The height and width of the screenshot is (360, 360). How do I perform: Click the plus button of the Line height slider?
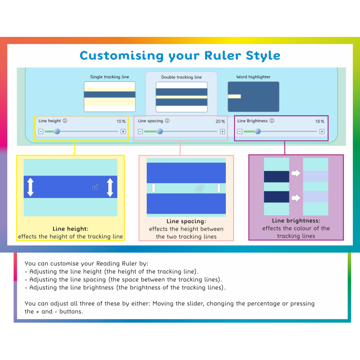pyautogui.click(x=123, y=131)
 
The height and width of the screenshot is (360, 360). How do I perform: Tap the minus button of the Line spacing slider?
pyautogui.click(x=140, y=131)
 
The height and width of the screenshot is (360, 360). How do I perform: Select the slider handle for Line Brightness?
pyautogui.click(x=258, y=131)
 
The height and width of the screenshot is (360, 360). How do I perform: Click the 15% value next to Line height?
pyautogui.click(x=121, y=121)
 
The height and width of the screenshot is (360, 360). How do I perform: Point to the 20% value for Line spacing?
pyautogui.click(x=220, y=121)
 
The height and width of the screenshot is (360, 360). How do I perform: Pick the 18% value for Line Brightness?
pyautogui.click(x=319, y=121)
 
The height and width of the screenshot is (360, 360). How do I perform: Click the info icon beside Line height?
pyautogui.click(x=65, y=121)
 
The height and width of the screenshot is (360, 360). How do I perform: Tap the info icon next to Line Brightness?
pyautogui.click(x=272, y=121)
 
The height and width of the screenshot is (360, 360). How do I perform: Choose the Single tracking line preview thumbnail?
pyautogui.click(x=109, y=97)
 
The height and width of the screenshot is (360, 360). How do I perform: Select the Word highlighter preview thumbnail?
pyautogui.click(x=253, y=97)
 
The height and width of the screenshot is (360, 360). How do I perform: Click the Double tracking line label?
pyautogui.click(x=181, y=77)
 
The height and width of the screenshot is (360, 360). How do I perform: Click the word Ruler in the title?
pyautogui.click(x=223, y=55)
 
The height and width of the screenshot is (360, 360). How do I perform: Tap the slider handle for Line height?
pyautogui.click(x=57, y=131)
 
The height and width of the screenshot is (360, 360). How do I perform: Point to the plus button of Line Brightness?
pyautogui.click(x=322, y=131)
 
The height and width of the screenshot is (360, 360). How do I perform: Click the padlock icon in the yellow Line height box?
pyautogui.click(x=95, y=187)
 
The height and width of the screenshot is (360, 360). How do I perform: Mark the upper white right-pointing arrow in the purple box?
pyautogui.click(x=296, y=173)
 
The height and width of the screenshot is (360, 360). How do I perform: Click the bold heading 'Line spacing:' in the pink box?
pyautogui.click(x=186, y=221)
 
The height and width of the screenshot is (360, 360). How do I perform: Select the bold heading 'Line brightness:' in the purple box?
pyautogui.click(x=296, y=221)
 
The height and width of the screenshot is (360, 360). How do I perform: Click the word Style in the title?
pyautogui.click(x=263, y=56)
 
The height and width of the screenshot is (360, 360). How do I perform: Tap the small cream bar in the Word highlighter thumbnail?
pyautogui.click(x=234, y=96)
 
